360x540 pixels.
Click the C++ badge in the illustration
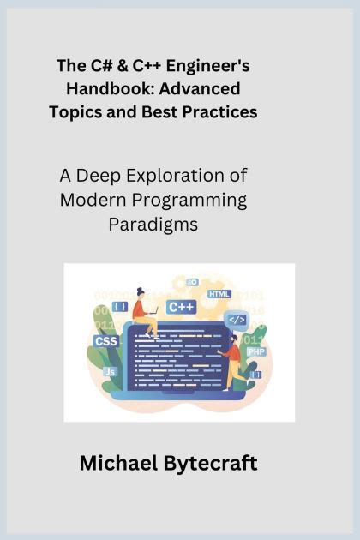pos(182,307)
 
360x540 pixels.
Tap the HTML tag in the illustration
pos(219,294)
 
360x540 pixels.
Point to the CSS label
pos(105,340)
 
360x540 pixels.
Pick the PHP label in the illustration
pos(255,351)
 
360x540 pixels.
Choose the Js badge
pos(110,372)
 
